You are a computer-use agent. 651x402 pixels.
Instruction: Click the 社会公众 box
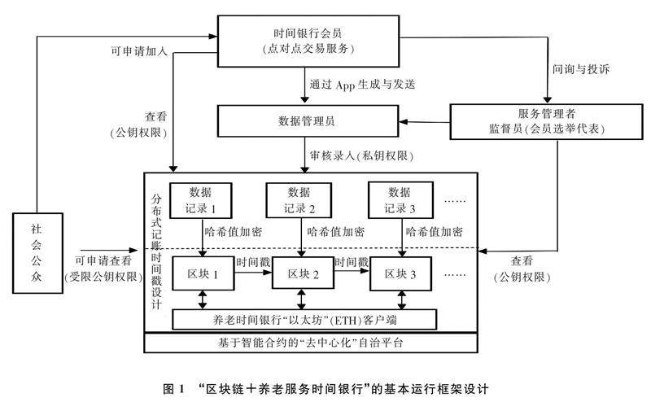(35, 252)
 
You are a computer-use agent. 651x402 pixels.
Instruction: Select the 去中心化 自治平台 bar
(312, 343)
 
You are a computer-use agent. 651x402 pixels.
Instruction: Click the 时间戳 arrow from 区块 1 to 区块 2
(251, 271)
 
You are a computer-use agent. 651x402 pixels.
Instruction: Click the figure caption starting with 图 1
(325, 383)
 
